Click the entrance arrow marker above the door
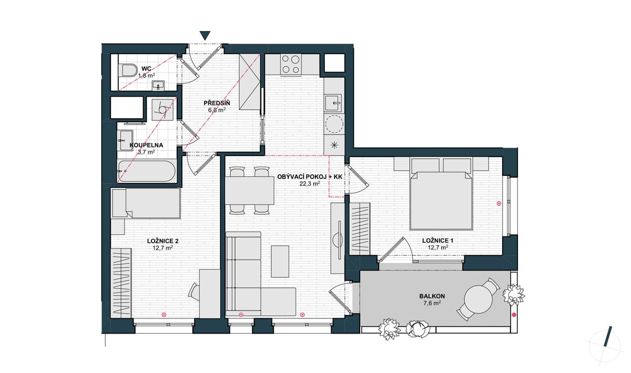point(206,35)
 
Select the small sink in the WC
point(158,85)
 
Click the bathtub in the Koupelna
point(147,171)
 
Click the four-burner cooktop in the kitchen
point(291,65)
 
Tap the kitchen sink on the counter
point(333,103)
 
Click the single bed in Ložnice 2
point(146,203)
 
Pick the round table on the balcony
point(479,299)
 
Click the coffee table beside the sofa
point(280,261)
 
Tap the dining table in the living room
point(250,191)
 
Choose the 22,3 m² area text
point(310,184)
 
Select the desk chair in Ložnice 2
point(194,290)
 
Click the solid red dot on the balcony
point(514,315)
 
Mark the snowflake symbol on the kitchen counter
point(334,145)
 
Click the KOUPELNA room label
point(146,145)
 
